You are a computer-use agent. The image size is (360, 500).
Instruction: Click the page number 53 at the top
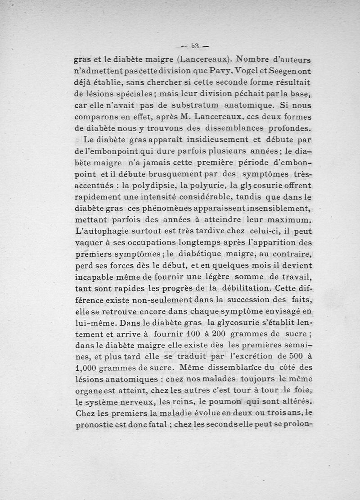pos(195,45)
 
